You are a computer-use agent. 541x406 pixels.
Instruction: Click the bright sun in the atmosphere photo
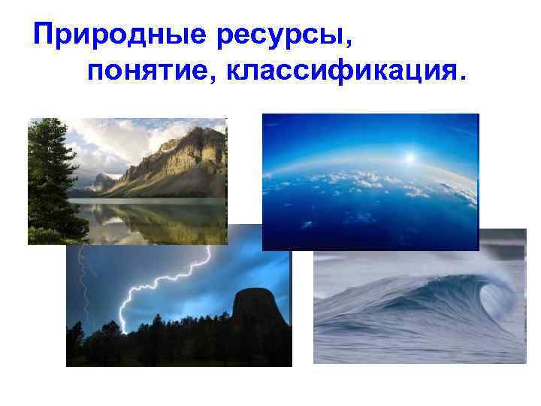click(410, 158)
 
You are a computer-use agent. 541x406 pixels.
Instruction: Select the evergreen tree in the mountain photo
click(49, 177)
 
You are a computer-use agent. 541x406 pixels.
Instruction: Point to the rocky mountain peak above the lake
click(188, 150)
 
